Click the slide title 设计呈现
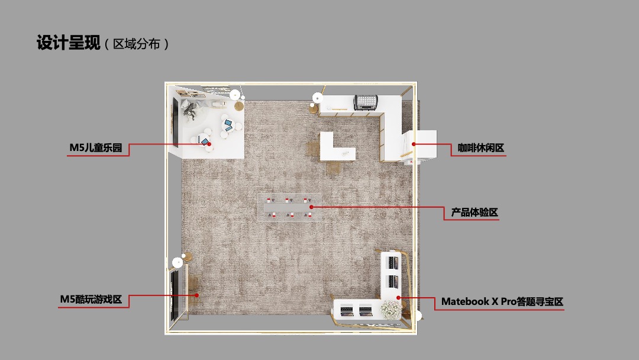coord(66,43)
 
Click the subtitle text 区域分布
coord(137,44)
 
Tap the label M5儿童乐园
coord(95,148)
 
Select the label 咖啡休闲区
coord(480,148)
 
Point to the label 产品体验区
coord(475,213)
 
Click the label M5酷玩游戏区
coord(91,300)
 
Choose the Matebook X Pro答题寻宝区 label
coord(502,301)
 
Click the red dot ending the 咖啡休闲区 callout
coord(414,144)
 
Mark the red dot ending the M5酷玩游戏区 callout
coord(197,294)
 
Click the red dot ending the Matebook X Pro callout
coord(399,297)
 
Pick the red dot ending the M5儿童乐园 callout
coord(209,144)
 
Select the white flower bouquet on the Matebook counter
coord(390,308)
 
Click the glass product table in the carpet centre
coord(290,206)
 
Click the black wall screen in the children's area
coord(175,121)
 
